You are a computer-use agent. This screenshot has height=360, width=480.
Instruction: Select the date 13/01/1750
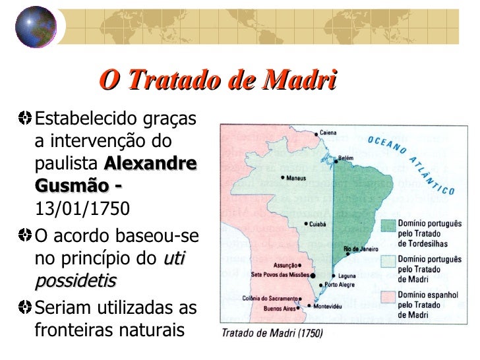point(82,209)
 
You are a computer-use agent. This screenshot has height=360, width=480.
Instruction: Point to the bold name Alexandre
point(150,164)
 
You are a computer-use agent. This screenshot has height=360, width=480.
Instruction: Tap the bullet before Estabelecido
point(25,118)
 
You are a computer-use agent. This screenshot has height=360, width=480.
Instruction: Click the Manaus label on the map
point(297,177)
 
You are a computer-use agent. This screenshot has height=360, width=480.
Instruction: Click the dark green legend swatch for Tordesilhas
point(386,227)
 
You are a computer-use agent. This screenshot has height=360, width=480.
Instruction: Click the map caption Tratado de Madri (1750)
point(271,333)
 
